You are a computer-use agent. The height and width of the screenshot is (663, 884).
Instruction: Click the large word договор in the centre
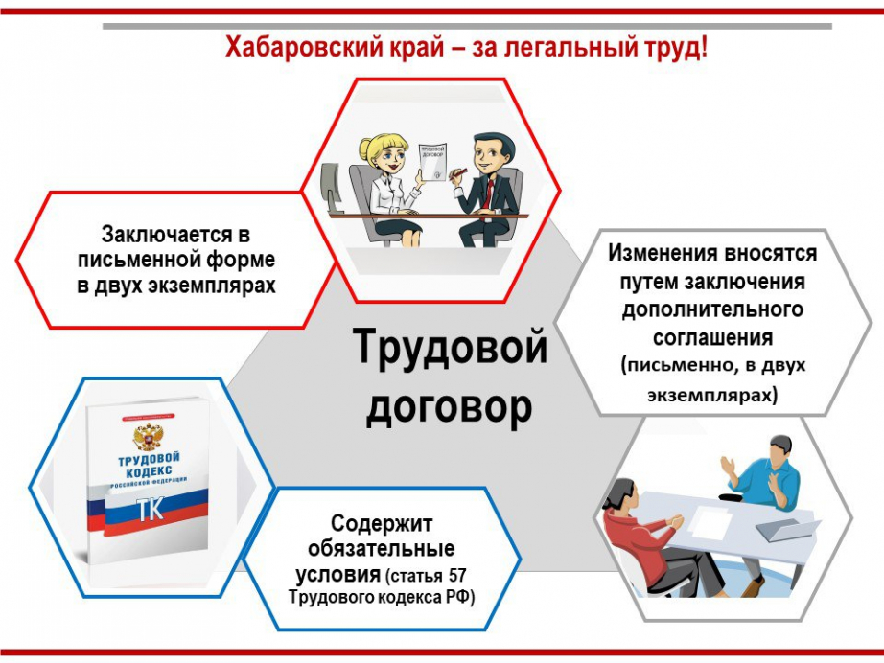pyautogui.click(x=450, y=407)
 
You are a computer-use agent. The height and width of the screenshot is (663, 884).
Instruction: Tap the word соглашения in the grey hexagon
pyautogui.click(x=712, y=338)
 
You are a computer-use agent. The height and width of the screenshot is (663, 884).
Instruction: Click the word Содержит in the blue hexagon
pyautogui.click(x=382, y=524)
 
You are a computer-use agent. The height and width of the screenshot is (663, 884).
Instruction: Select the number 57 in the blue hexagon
pyautogui.click(x=457, y=576)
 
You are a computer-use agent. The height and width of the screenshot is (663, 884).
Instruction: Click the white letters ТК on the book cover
pyautogui.click(x=151, y=509)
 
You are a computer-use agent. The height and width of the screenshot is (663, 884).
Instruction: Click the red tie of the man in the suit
pyautogui.click(x=489, y=194)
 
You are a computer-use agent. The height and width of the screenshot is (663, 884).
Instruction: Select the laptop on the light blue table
pyautogui.click(x=787, y=530)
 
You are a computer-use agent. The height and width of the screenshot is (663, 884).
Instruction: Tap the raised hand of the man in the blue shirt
pyautogui.click(x=730, y=467)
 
